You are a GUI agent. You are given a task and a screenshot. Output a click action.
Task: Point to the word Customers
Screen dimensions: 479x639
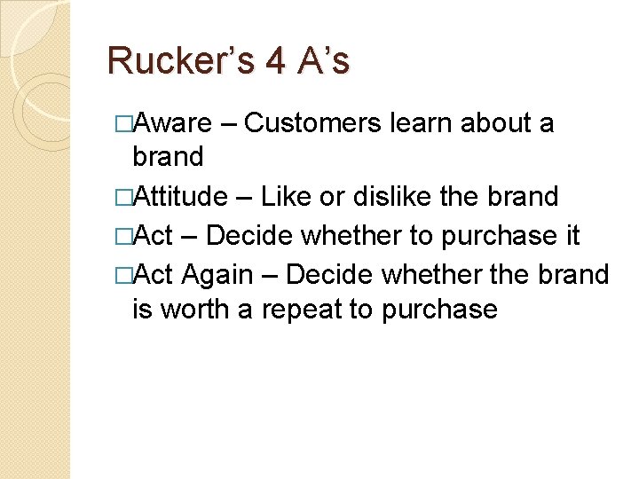tap(316, 122)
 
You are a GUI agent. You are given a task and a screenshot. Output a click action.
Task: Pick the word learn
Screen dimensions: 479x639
tap(424, 122)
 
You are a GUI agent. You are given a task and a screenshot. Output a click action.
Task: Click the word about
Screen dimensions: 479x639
tap(497, 122)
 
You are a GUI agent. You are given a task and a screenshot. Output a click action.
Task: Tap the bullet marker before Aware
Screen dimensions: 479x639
tap(123, 123)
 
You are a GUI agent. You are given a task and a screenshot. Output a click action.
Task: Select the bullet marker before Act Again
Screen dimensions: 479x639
tap(123, 274)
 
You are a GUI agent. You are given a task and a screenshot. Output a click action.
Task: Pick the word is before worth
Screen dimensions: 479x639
tap(142, 309)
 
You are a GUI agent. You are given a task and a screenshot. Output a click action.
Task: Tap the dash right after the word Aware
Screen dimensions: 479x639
tap(227, 122)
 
